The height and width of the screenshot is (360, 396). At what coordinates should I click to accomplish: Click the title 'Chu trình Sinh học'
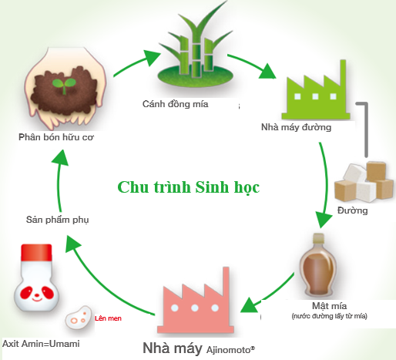tap(189, 187)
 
